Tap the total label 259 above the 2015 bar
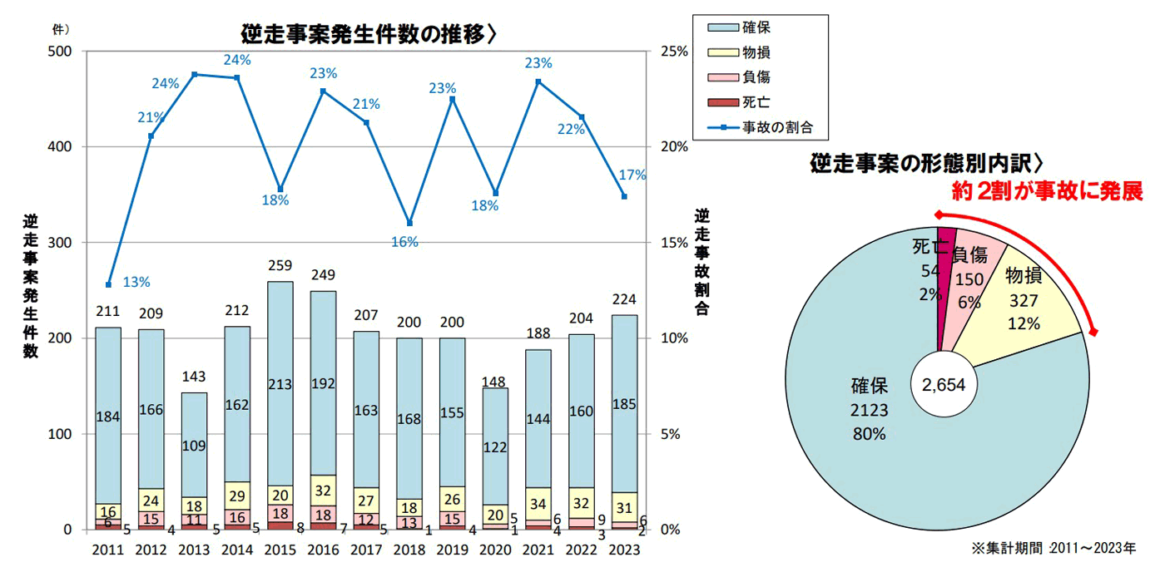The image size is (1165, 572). point(280,267)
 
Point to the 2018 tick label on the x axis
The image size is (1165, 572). point(409,550)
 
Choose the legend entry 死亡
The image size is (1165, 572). point(755,102)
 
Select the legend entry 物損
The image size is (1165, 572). point(755,52)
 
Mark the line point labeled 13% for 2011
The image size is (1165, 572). point(107,285)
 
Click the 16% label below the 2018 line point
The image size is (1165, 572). point(406,242)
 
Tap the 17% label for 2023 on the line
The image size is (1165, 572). point(632,175)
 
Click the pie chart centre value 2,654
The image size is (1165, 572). point(939,385)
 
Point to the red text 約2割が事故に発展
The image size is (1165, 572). point(1047,191)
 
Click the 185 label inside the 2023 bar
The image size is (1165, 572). point(624,405)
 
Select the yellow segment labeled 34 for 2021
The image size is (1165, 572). point(538,503)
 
